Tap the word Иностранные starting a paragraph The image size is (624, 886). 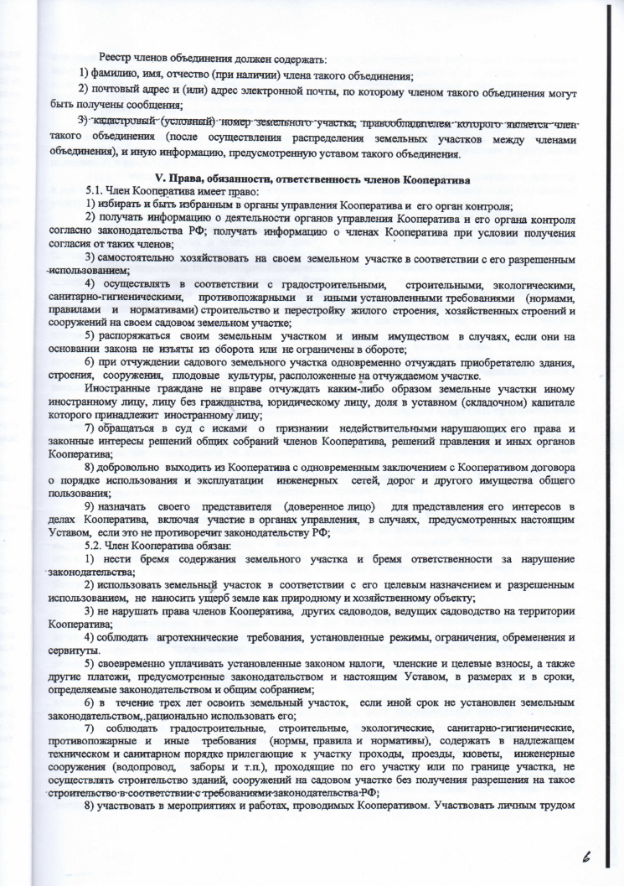(x=117, y=391)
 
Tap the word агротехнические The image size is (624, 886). (x=179, y=638)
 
